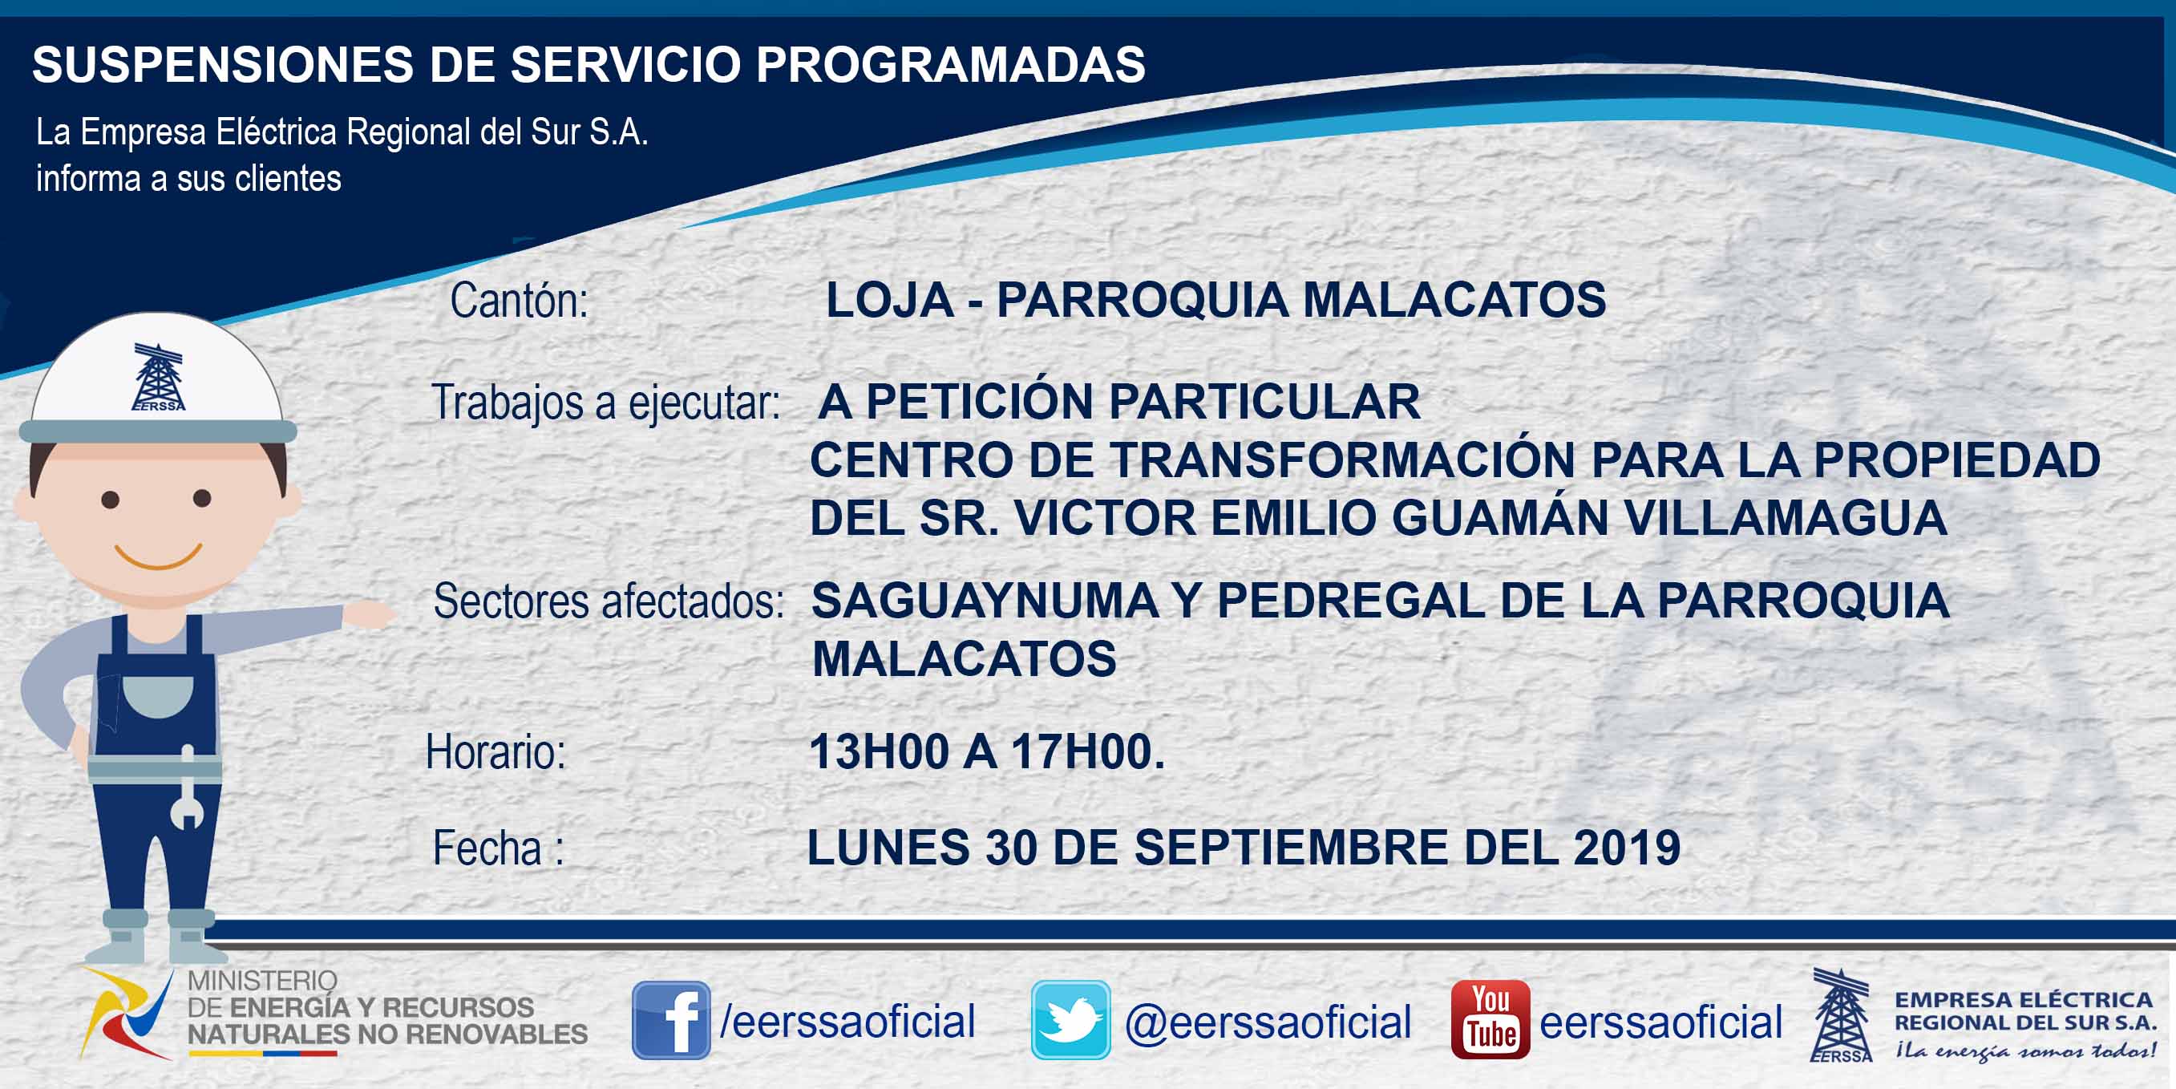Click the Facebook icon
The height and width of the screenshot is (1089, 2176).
click(671, 1020)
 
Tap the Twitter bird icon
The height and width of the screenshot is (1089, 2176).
click(1070, 1020)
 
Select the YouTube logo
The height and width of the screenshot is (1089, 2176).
click(1490, 1020)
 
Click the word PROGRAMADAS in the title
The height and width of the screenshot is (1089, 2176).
click(950, 64)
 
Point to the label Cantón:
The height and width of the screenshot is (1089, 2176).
click(519, 300)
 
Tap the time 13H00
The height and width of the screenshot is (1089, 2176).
click(879, 751)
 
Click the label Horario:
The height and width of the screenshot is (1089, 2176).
click(495, 751)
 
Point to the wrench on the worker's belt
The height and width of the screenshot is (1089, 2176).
click(188, 787)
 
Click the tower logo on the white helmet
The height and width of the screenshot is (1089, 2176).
click(158, 377)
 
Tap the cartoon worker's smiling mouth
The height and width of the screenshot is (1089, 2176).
click(158, 556)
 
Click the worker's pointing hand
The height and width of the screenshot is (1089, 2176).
click(368, 613)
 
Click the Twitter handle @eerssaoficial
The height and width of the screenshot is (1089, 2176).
click(1267, 1022)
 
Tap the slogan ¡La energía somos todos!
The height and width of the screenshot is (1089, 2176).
click(2024, 1051)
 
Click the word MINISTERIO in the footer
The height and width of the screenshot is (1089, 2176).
click(262, 981)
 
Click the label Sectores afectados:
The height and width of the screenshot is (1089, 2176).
click(609, 601)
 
